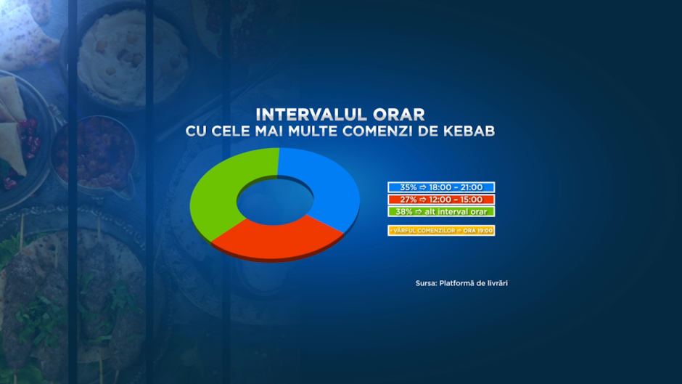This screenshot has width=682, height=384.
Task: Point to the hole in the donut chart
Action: pos(275,201)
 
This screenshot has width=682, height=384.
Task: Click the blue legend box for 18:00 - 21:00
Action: pos(441,187)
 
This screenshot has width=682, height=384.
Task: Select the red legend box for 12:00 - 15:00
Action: pos(441,200)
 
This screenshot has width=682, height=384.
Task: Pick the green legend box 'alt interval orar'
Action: pos(441,211)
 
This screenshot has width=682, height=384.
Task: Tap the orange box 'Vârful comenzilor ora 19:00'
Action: pos(441,230)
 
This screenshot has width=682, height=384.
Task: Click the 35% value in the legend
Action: pos(408,187)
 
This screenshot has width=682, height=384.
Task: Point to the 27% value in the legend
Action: pos(408,200)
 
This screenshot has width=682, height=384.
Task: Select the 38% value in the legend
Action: pos(404,211)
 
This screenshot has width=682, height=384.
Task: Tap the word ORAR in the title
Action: pos(399,115)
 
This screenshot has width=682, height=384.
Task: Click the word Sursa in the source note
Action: pos(426,283)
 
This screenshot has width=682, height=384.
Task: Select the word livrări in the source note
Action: pos(496,283)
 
